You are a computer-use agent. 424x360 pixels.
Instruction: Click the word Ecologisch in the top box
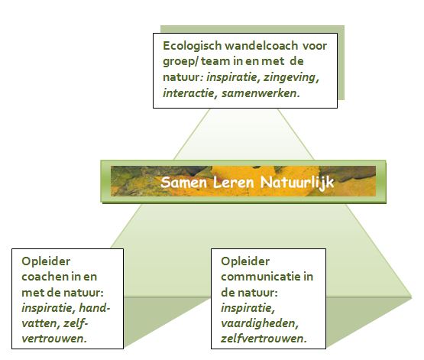(193, 47)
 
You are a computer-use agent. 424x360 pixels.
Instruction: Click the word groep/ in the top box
(180, 62)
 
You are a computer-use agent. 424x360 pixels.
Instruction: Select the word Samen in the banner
(183, 182)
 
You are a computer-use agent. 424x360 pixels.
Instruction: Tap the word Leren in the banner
(234, 182)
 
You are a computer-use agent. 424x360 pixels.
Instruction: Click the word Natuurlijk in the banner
(297, 183)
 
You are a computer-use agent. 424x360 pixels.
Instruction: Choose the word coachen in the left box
(44, 277)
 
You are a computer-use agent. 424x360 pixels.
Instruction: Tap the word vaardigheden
(260, 324)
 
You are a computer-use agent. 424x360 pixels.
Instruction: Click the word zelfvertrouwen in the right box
(264, 339)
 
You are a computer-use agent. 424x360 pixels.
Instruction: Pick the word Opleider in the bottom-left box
(46, 262)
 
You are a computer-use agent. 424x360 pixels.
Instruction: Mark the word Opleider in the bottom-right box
(245, 262)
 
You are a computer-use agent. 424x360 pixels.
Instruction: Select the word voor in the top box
(315, 47)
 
